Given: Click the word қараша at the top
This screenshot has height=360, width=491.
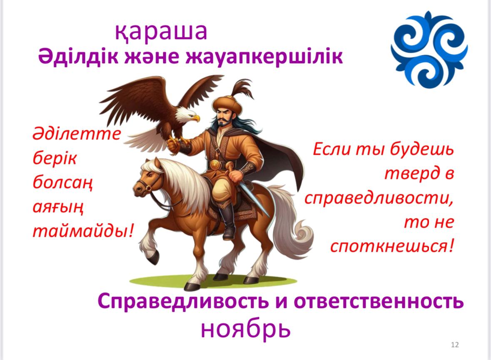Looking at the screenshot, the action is pyautogui.click(x=161, y=32).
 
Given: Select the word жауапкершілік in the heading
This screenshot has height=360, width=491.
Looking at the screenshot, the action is pyautogui.click(x=264, y=57).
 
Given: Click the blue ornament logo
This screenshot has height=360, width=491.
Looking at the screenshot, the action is pyautogui.click(x=429, y=50).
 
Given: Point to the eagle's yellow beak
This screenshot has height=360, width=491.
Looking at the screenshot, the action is pyautogui.click(x=195, y=118).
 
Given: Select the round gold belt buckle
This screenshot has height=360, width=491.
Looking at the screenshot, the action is pyautogui.click(x=215, y=165).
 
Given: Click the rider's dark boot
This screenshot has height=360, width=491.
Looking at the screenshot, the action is pyautogui.click(x=228, y=222).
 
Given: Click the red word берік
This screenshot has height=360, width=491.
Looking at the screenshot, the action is pyautogui.click(x=55, y=158).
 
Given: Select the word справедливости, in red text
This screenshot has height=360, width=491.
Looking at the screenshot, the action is pyautogui.click(x=379, y=198).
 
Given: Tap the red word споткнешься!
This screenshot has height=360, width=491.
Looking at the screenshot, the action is pyautogui.click(x=392, y=246).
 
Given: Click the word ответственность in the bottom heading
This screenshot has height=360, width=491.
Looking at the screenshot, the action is pyautogui.click(x=379, y=301).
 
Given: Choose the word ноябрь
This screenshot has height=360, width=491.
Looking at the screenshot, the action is pyautogui.click(x=246, y=329).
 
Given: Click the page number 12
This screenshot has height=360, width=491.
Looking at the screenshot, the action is pyautogui.click(x=455, y=345).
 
